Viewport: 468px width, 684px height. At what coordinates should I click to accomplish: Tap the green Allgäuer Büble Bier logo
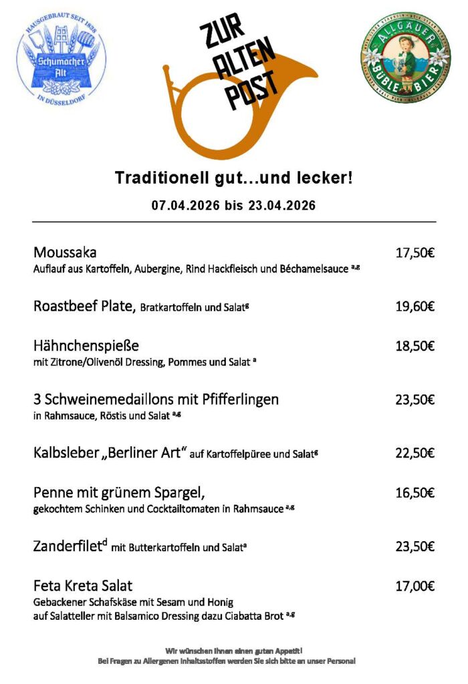pos(405,58)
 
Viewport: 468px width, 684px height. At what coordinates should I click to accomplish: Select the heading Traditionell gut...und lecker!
pos(233,178)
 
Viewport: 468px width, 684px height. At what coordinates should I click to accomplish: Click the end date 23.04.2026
pos(281,205)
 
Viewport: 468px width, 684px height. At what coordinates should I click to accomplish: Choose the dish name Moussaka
pos(65,253)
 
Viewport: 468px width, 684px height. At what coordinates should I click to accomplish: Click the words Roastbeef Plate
pos(85,307)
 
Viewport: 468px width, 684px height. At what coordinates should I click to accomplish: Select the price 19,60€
pos(415,307)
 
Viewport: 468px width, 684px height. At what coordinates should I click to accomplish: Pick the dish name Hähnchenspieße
pos(86,346)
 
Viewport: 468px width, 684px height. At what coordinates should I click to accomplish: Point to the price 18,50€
pos(415,346)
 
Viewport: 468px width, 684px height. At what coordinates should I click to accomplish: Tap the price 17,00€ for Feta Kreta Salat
pos(415,586)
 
